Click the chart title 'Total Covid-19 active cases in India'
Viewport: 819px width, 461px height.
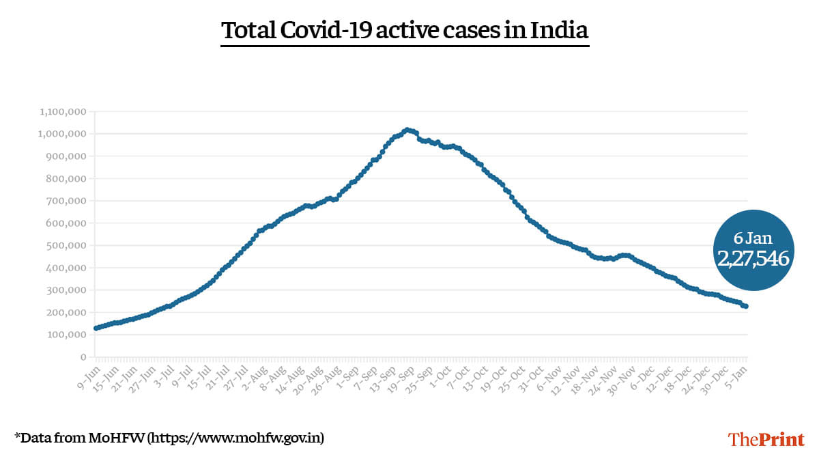pos(405,31)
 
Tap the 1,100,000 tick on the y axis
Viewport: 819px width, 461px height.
pos(63,111)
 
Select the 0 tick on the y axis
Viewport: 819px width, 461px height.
pos(83,357)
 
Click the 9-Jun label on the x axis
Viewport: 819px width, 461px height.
pos(86,374)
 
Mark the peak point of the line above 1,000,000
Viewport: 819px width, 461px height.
pos(407,129)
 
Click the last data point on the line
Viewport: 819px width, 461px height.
pos(746,307)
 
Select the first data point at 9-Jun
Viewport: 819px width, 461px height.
pos(96,329)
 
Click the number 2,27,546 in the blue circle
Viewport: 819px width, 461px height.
pos(753,258)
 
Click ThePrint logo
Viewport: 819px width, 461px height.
pos(766,438)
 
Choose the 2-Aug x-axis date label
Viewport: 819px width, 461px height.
pos(257,374)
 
